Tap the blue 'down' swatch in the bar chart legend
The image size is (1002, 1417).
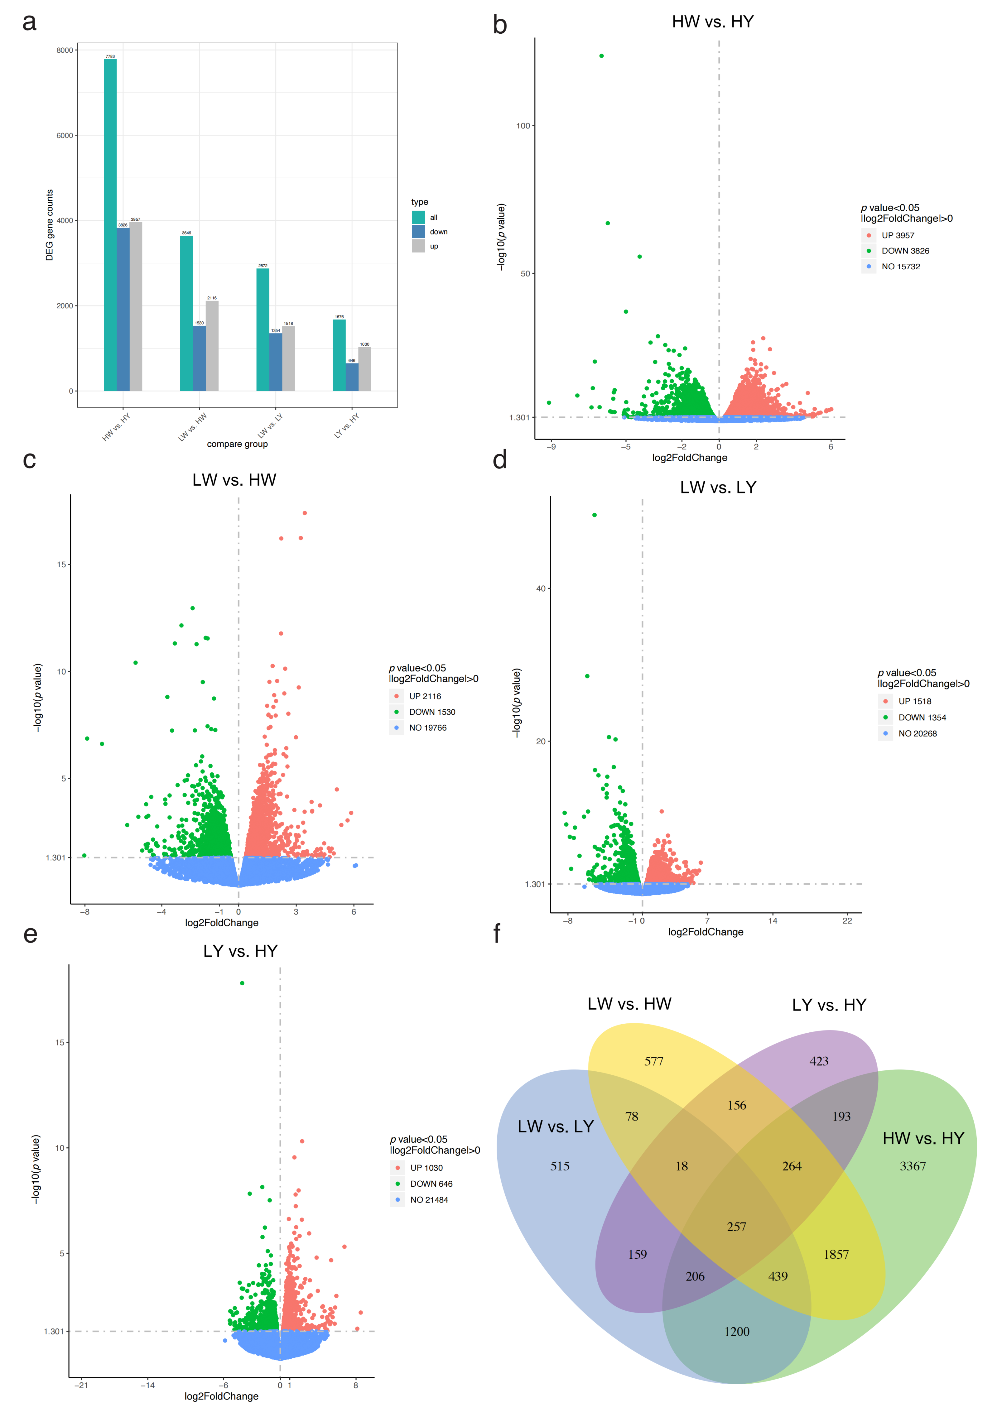419,231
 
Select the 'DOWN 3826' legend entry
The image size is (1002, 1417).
905,251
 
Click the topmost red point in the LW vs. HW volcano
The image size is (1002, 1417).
304,513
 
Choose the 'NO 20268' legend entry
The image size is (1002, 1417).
918,733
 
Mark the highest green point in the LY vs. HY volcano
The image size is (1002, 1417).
242,983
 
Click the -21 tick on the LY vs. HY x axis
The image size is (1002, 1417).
81,1385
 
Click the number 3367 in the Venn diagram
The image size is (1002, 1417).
913,1166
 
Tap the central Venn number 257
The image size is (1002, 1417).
736,1226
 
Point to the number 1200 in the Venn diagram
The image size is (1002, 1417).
736,1331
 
